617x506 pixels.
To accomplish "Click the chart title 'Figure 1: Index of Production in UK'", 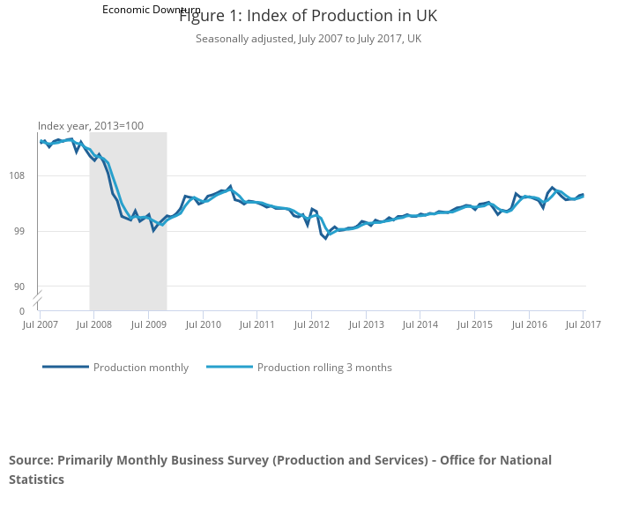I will pos(308,17).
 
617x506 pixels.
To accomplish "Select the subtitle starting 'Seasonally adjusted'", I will pos(308,39).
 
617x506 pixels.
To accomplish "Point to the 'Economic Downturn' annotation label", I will pos(151,10).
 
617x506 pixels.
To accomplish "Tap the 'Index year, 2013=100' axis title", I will pos(90,126).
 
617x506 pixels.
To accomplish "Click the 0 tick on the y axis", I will pos(22,311).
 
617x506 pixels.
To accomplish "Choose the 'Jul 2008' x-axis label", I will pos(93,325).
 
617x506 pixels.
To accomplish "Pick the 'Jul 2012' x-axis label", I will pos(311,325).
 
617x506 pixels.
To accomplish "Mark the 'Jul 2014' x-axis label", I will pos(420,325).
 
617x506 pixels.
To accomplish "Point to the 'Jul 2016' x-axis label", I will pos(529,325).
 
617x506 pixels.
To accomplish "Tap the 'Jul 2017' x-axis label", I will pos(583,325).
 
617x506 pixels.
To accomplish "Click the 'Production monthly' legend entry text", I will pos(141,368).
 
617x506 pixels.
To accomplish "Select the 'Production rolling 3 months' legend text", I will pos(324,368).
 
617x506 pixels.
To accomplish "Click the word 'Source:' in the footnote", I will pos(31,460).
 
